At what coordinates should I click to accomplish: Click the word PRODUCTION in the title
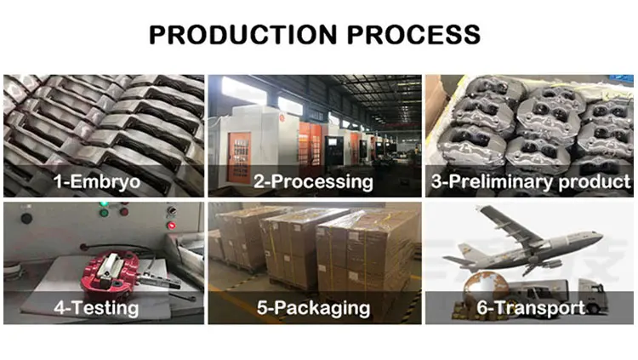(x=241, y=34)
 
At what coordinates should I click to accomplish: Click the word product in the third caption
(x=599, y=180)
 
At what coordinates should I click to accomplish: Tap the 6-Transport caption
(x=530, y=307)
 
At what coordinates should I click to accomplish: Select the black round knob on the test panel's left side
(x=27, y=218)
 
